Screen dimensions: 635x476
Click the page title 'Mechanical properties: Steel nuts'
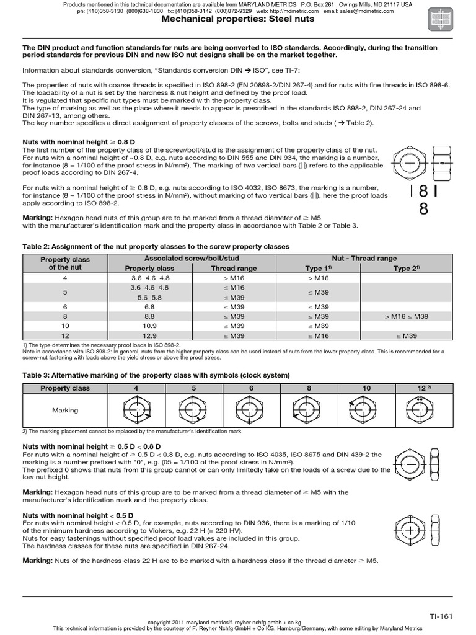237,19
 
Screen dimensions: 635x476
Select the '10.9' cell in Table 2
149,326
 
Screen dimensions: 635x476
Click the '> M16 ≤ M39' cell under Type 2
406,316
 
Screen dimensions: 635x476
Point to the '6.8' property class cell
149,307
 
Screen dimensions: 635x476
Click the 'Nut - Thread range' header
364,259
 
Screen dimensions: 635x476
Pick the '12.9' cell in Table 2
149,335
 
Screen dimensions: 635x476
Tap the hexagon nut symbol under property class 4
136,410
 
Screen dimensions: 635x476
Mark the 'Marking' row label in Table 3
65,410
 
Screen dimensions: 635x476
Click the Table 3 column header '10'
366,388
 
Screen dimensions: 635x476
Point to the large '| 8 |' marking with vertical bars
424,193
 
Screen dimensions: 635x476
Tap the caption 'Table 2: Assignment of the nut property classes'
156,246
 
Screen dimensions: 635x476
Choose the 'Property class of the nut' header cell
65,264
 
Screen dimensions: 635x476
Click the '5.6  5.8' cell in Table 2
149,297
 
